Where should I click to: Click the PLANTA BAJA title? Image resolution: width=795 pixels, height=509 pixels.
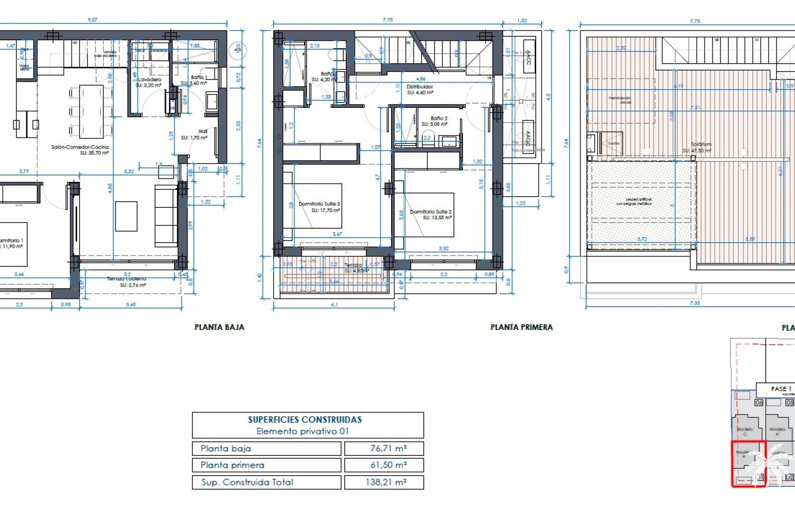pyautogui.click(x=219, y=327)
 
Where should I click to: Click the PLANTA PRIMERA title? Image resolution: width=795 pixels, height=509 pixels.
pyautogui.click(x=521, y=327)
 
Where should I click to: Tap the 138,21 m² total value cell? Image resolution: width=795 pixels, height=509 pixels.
pyautogui.click(x=384, y=482)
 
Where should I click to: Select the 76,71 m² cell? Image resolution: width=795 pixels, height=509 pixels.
pyautogui.click(x=384, y=448)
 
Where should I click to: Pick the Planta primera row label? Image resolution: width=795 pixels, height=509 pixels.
pyautogui.click(x=233, y=465)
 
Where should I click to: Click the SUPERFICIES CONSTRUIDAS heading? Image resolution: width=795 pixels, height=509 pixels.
pyautogui.click(x=305, y=420)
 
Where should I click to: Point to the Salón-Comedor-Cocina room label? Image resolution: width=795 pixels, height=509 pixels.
pyautogui.click(x=80, y=147)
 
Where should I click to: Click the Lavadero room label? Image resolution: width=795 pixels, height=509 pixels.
pyautogui.click(x=149, y=80)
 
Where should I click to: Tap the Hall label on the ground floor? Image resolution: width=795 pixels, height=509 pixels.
pyautogui.click(x=202, y=131)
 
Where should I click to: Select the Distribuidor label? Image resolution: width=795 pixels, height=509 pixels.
pyautogui.click(x=420, y=86)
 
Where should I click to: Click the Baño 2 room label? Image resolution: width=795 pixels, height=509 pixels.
pyautogui.click(x=438, y=118)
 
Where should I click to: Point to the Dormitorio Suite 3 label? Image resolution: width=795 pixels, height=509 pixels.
pyautogui.click(x=319, y=204)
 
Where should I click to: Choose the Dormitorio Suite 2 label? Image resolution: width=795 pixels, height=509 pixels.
pyautogui.click(x=430, y=212)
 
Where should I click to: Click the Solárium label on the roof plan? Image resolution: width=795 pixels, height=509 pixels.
pyautogui.click(x=701, y=145)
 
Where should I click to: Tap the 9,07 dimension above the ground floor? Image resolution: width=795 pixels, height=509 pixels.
pyautogui.click(x=92, y=20)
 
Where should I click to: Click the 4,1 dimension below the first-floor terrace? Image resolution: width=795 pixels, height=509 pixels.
pyautogui.click(x=334, y=305)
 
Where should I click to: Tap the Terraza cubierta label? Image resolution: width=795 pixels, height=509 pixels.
pyautogui.click(x=127, y=279)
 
